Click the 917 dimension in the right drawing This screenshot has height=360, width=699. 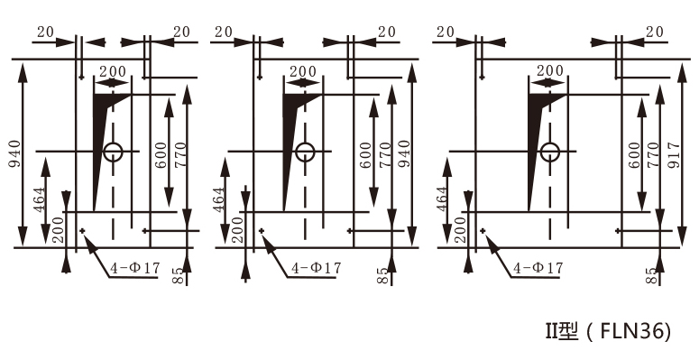[x=675, y=155]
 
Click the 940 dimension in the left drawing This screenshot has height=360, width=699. [x=15, y=153]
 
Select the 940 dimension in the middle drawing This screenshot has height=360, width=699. [x=404, y=153]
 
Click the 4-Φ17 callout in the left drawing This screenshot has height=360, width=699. [x=135, y=268]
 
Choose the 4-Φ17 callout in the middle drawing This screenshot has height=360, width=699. [x=316, y=268]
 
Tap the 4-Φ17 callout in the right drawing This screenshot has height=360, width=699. [x=538, y=268]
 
